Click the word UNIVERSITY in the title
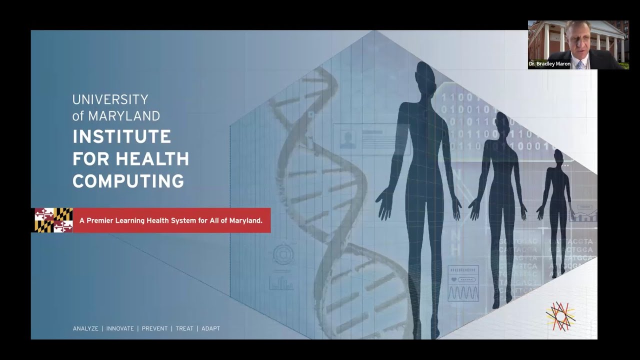(110, 99)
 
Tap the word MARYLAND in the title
(124, 116)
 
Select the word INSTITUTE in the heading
(122, 136)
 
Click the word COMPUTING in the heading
(128, 181)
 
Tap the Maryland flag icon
(53, 220)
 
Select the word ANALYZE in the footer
(85, 328)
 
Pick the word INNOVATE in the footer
(120, 328)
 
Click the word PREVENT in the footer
(154, 328)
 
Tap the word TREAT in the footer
(184, 328)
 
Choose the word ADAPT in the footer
(210, 328)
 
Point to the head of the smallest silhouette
(558, 157)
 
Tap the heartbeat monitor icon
(463, 283)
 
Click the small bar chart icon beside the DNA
(281, 283)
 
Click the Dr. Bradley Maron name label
(549, 64)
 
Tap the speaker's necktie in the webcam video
(579, 64)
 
